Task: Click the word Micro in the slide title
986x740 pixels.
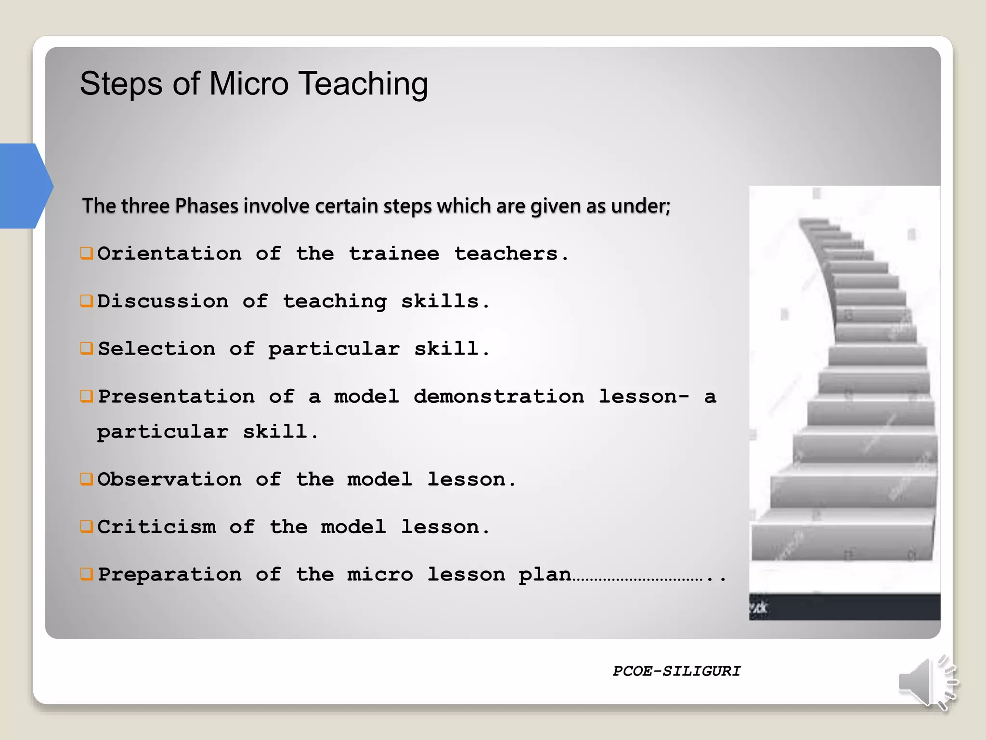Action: point(248,84)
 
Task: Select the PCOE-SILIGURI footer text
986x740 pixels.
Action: point(676,671)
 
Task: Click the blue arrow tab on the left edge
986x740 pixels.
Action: point(24,186)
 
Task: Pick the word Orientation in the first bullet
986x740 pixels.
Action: point(169,253)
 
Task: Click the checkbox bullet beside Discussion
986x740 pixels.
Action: point(87,301)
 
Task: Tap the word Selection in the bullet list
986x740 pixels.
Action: point(156,349)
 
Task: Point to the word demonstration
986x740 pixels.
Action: point(499,396)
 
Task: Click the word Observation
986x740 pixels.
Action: point(169,479)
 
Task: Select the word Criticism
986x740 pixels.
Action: point(156,527)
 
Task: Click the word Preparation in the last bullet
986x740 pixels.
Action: point(169,574)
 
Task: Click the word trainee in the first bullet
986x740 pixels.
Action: point(394,253)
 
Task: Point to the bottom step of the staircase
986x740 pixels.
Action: point(843,542)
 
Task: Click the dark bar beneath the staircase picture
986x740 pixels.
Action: point(844,607)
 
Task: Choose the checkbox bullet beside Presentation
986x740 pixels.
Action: point(87,396)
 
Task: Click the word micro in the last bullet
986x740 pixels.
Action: point(380,574)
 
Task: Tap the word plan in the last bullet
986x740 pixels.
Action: point(545,575)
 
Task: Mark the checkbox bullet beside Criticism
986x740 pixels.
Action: point(87,527)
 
